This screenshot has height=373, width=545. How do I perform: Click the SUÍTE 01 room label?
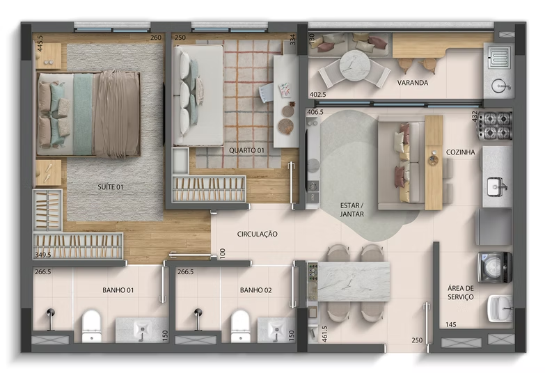(x=110, y=186)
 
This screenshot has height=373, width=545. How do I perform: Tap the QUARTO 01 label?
(x=246, y=150)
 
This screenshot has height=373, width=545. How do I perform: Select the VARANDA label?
(x=412, y=82)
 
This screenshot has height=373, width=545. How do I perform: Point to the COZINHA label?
(x=461, y=152)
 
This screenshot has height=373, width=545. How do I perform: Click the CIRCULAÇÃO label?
(x=257, y=235)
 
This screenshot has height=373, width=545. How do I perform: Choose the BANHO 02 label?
(x=255, y=290)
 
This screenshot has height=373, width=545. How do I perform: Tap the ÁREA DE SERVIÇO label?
(x=461, y=292)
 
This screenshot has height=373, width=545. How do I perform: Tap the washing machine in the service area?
(x=494, y=266)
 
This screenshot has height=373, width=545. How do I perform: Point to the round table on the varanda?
(x=356, y=63)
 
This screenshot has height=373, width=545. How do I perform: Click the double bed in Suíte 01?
(x=89, y=115)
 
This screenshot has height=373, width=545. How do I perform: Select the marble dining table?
(x=352, y=281)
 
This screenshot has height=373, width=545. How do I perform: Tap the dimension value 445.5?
(x=40, y=45)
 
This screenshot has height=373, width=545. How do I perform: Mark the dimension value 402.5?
(x=317, y=94)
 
